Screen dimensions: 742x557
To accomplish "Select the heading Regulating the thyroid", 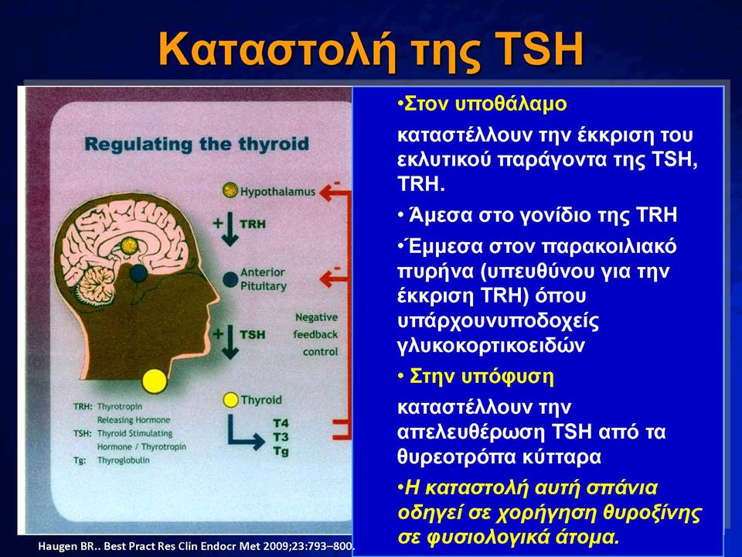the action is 196,144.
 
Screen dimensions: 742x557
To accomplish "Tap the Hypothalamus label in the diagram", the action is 277,192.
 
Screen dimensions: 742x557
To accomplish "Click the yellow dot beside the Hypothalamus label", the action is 230,190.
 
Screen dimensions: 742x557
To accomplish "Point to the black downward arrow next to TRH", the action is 230,229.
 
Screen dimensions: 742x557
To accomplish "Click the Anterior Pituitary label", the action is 263,279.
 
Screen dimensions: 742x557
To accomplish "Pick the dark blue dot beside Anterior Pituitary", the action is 230,279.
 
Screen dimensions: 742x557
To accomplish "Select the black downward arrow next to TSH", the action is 230,341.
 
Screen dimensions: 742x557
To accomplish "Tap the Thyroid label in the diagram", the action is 260,400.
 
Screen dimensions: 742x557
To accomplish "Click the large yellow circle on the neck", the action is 155,381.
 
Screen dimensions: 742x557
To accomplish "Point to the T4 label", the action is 281,423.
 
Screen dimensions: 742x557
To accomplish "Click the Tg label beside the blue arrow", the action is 281,451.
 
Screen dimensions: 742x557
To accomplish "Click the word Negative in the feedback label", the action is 317,317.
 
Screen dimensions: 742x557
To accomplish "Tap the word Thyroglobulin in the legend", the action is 123,460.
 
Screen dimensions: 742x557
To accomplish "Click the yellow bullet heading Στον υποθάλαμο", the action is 482,104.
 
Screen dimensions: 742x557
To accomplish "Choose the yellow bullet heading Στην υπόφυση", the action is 476,377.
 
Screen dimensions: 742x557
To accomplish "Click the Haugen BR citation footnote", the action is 196,546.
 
